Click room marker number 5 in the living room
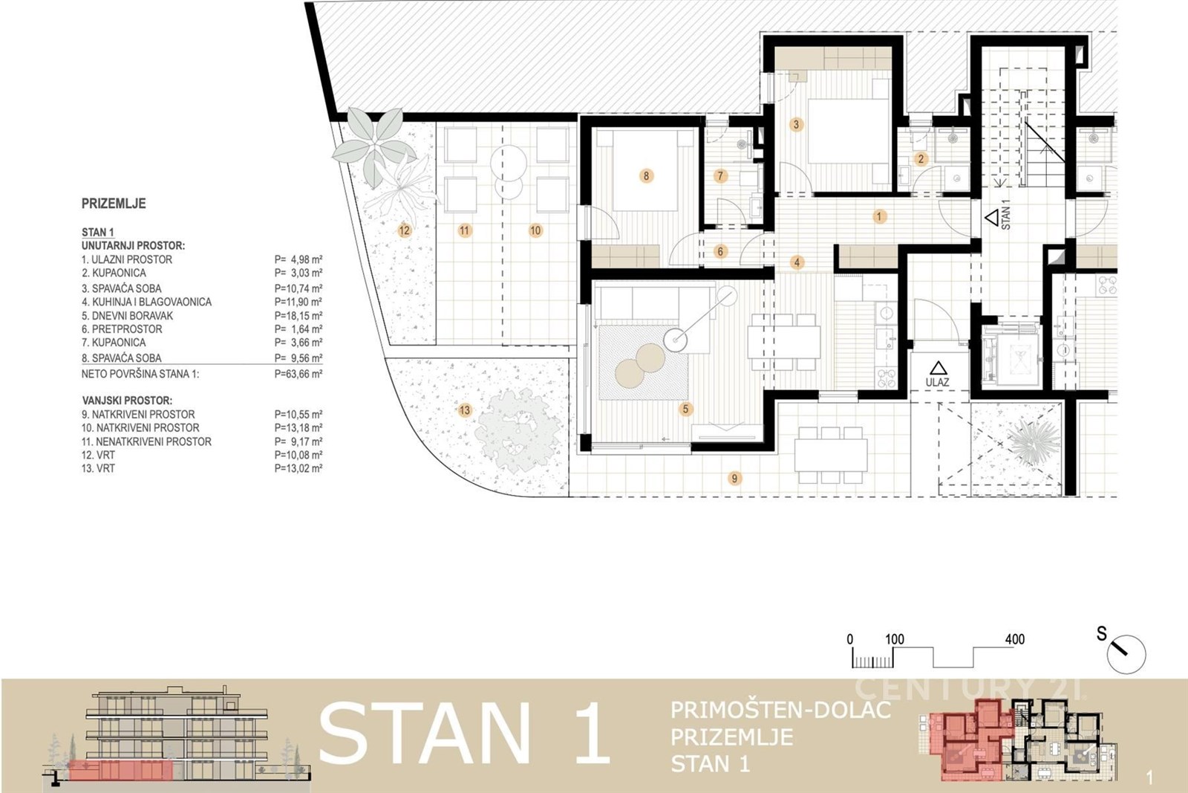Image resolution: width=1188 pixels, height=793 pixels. tap(686, 410)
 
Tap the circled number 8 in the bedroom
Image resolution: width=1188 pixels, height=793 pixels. tap(646, 175)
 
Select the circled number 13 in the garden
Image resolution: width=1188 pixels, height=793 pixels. tap(465, 410)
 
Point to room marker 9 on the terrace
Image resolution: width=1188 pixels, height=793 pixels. tap(734, 478)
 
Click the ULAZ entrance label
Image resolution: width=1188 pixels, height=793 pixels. tap(938, 382)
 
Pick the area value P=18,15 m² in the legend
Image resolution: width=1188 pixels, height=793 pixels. tap(298, 316)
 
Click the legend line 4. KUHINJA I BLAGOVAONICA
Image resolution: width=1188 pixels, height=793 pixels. tap(146, 302)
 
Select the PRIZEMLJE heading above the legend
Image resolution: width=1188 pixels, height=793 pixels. tap(114, 204)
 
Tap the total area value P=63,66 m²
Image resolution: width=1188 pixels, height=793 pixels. tap(298, 375)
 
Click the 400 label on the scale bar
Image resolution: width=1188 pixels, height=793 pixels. tap(1014, 639)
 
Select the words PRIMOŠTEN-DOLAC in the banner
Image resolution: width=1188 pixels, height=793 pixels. tap(780, 710)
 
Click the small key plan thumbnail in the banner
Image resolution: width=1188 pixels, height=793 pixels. tap(1018, 739)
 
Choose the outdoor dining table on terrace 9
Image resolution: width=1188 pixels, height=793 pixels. tap(831, 455)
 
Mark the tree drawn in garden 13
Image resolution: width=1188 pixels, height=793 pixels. tap(518, 430)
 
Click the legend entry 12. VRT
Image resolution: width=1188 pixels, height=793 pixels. tap(98, 456)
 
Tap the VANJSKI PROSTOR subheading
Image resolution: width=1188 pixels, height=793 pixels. tap(127, 401)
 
